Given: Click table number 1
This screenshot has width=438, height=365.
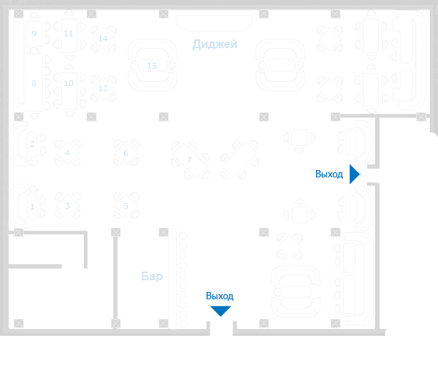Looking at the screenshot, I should tap(32, 207).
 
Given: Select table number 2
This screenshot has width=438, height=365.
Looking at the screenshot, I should tap(32, 144).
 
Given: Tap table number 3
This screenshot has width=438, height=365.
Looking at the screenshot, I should tap(67, 206).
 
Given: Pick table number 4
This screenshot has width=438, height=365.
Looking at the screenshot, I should tap(67, 153).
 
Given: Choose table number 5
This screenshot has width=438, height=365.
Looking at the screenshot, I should tap(126, 206).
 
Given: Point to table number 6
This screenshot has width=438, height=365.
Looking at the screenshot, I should tap(126, 153).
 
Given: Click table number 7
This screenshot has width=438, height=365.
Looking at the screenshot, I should tap(189, 160).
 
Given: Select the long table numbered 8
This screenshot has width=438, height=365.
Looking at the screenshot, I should tap(34, 83).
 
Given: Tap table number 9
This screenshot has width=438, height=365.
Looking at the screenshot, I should tap(34, 33).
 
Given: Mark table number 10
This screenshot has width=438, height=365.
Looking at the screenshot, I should tap(69, 83).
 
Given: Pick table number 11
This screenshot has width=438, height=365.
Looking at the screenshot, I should tap(69, 34).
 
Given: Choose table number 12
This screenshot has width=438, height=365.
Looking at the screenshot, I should tap(103, 88).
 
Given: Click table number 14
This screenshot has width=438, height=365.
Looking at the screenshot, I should tap(103, 38).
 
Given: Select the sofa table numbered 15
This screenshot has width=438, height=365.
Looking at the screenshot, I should tap(152, 66).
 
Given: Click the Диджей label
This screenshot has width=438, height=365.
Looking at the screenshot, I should tap(215, 45).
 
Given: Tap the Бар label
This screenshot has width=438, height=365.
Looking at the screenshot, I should tap(152, 277).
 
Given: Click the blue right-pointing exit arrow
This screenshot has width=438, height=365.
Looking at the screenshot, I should tap(355, 174).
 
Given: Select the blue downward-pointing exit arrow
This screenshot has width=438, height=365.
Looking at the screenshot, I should tap(220, 311).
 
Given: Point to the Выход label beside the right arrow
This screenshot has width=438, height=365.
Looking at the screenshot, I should tap(329, 174).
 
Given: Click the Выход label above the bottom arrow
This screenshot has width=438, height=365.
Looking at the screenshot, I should tap(220, 296).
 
